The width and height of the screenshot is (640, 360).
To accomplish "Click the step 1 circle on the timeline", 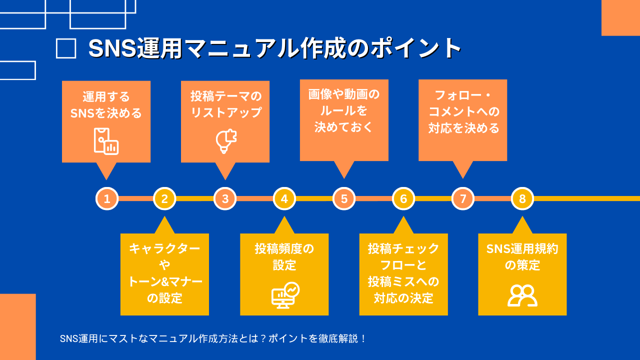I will pyautogui.click(x=106, y=198).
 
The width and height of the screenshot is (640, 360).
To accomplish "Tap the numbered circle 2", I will pyautogui.click(x=164, y=198).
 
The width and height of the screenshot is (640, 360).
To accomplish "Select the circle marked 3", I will pyautogui.click(x=225, y=198).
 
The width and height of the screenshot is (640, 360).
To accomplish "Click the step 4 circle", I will pyautogui.click(x=284, y=198).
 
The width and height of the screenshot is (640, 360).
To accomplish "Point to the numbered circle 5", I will pyautogui.click(x=344, y=198).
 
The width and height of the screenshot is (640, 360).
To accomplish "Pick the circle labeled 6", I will pyautogui.click(x=403, y=198).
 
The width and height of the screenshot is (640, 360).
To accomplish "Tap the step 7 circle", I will pyautogui.click(x=463, y=198).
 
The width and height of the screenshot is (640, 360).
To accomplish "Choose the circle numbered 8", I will pyautogui.click(x=522, y=198).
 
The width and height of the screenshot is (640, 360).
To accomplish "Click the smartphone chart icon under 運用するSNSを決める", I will pyautogui.click(x=106, y=141).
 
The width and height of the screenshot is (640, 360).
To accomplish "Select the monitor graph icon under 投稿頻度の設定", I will pyautogui.click(x=285, y=295).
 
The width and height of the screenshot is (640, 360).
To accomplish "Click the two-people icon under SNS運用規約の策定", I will pyautogui.click(x=522, y=295).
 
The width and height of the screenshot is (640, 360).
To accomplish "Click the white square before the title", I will pyautogui.click(x=66, y=49).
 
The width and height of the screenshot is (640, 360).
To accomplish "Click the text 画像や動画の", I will pyautogui.click(x=344, y=94).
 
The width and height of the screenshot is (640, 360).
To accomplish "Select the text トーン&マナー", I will pyautogui.click(x=164, y=281).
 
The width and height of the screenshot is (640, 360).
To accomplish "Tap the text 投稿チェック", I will pyautogui.click(x=403, y=248).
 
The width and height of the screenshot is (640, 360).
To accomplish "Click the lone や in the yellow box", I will pyautogui.click(x=164, y=265).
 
